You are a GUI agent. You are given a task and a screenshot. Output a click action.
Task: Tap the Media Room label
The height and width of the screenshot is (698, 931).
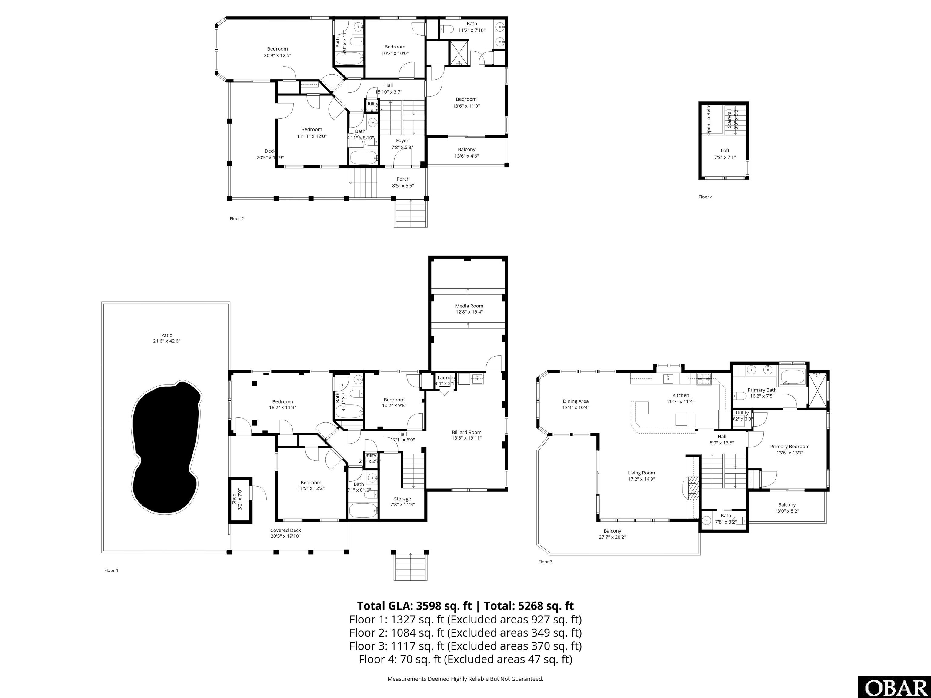pyautogui.click(x=469, y=306)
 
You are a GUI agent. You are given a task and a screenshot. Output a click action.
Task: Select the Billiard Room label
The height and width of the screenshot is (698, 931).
pyautogui.click(x=466, y=432)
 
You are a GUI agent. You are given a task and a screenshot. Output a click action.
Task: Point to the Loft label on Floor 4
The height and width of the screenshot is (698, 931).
pyautogui.click(x=725, y=151)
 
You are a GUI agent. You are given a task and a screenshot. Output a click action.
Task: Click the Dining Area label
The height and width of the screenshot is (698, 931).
pyautogui.click(x=575, y=401)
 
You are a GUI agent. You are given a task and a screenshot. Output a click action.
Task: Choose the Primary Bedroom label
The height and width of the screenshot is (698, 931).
pyautogui.click(x=789, y=447)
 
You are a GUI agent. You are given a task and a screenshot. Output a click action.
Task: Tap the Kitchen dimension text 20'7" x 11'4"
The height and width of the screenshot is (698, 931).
pyautogui.click(x=681, y=401)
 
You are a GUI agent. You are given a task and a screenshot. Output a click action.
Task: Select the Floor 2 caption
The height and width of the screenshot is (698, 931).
pyautogui.click(x=236, y=218)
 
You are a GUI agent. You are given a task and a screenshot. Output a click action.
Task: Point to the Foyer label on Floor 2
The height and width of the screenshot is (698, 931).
pyautogui.click(x=402, y=141)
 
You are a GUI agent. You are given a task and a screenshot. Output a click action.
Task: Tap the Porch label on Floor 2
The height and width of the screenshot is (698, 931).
pyautogui.click(x=403, y=179)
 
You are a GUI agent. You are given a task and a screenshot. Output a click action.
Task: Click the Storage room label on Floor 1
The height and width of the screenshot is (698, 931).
pyautogui.click(x=402, y=499)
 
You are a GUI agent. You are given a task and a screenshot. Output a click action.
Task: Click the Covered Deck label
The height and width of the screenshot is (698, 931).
pyautogui.click(x=285, y=530)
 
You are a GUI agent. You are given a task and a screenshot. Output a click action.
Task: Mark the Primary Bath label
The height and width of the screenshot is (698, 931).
pyautogui.click(x=762, y=390)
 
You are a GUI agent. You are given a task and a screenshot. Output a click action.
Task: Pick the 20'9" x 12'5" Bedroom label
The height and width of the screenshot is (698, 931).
pyautogui.click(x=277, y=49)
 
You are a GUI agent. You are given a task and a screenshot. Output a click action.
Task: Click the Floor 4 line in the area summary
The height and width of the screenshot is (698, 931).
pyautogui.click(x=465, y=659)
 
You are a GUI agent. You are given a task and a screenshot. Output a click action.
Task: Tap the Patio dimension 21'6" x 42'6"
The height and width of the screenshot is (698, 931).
pyautogui.click(x=167, y=341)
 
